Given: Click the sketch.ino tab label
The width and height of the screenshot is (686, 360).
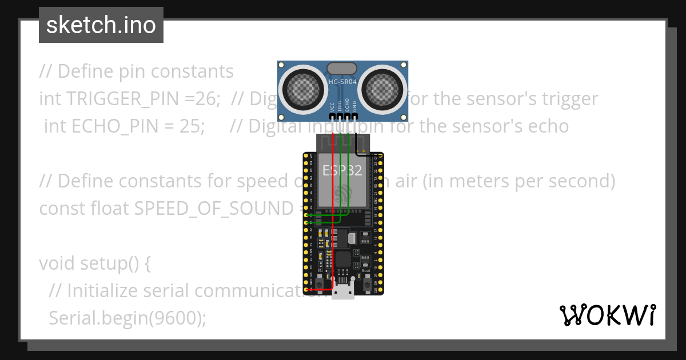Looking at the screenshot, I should tap(101, 25).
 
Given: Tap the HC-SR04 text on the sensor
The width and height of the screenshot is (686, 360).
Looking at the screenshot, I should tap(342, 82).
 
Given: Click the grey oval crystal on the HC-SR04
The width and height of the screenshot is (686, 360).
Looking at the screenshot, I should tap(342, 69).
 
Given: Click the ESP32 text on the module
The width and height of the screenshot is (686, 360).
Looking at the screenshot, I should tap(342, 170).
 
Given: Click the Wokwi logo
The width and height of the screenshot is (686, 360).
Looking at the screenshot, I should tap(608, 315).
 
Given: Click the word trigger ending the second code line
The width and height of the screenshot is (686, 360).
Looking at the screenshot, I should tap(567, 99).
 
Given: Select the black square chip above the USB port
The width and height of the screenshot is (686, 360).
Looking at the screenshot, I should tap(342, 259).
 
